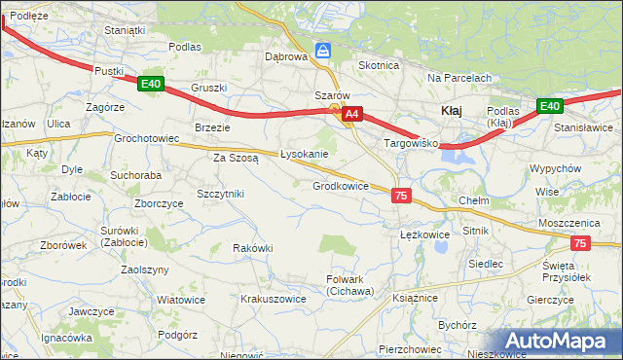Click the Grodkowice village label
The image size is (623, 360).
pyautogui.click(x=340, y=186)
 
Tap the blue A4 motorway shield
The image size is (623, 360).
pyautogui.click(x=352, y=115)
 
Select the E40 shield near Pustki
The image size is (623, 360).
pyautogui.click(x=150, y=85)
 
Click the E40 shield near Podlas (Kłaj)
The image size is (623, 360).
pyautogui.click(x=549, y=106)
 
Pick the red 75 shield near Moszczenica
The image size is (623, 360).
pyautogui.click(x=580, y=244)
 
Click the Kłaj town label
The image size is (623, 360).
pyautogui.click(x=452, y=111)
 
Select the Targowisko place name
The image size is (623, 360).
pyautogui.click(x=412, y=143)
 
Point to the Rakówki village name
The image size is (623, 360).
pyautogui.click(x=252, y=248)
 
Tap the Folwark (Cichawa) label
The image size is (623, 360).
pyautogui.click(x=349, y=285)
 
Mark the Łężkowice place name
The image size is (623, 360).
pyautogui.click(x=424, y=234)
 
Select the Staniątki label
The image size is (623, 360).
pyautogui.click(x=125, y=30)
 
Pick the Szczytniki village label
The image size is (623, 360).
pyautogui.click(x=220, y=194)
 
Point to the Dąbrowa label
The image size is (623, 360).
pyautogui.click(x=286, y=56)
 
